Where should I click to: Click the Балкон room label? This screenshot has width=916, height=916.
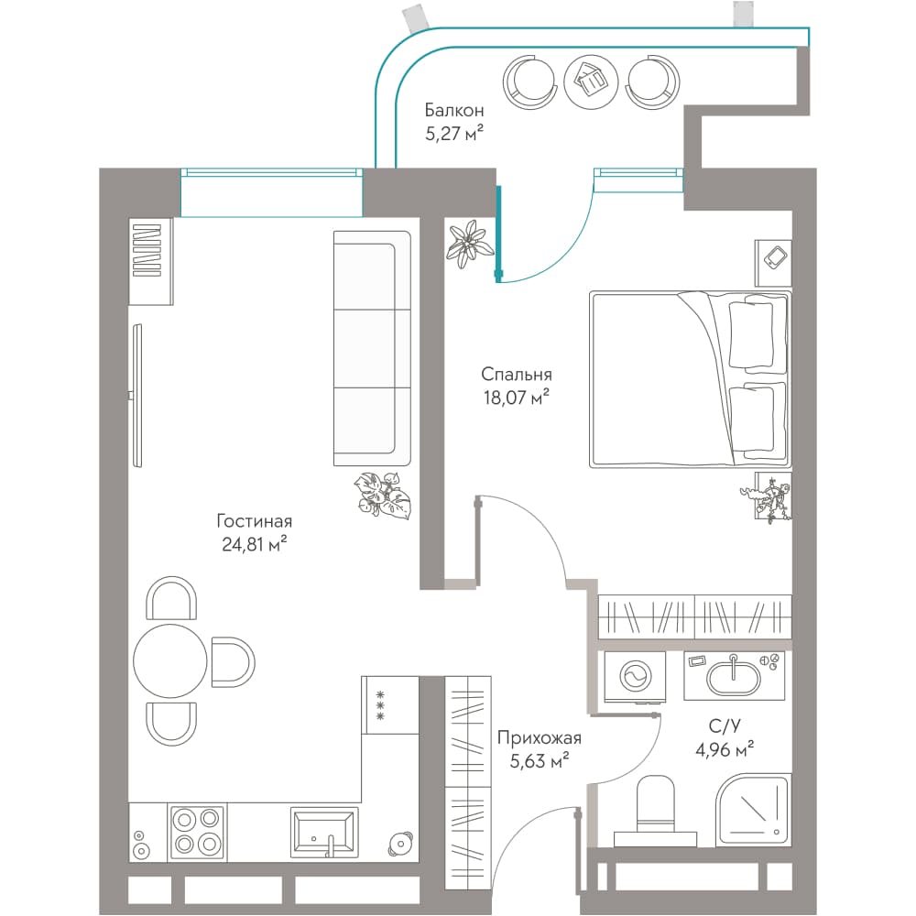pyautogui.click(x=454, y=110)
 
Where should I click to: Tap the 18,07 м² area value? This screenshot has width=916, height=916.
pyautogui.click(x=516, y=398)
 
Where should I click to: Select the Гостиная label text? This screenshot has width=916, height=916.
pyautogui.click(x=254, y=520)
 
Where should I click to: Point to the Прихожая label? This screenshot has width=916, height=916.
pyautogui.click(x=540, y=737)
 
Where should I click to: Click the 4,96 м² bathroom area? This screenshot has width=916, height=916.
pyautogui.click(x=725, y=749)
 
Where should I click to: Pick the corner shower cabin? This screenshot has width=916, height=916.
pyautogui.click(x=754, y=810)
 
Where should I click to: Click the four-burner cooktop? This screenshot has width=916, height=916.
pyautogui.click(x=197, y=832)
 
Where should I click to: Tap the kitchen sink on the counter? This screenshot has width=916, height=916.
pyautogui.click(x=324, y=832)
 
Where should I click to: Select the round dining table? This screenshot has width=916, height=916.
pyautogui.click(x=170, y=660)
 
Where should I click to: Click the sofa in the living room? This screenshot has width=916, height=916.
pyautogui.click(x=372, y=348)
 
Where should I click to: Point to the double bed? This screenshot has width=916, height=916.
pyautogui.click(x=690, y=380)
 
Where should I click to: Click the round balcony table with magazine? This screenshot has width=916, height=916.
pyautogui.click(x=591, y=82)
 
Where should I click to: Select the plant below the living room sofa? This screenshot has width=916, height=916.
pyautogui.click(x=383, y=495)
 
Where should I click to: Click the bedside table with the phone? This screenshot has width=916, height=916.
pyautogui.click(x=773, y=263)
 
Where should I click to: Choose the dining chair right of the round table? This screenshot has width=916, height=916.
pyautogui.click(x=233, y=662)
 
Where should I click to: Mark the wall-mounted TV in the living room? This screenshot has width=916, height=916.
pyautogui.click(x=136, y=396)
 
